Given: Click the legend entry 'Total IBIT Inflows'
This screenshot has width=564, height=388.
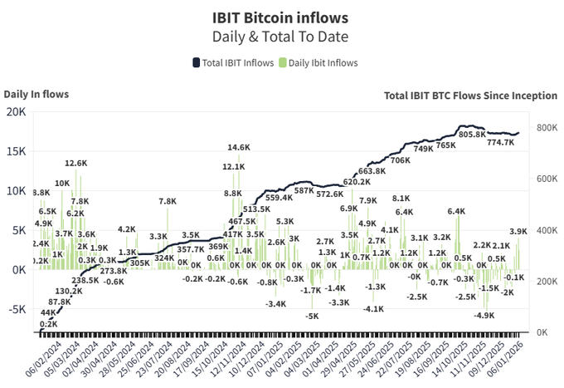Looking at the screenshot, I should (231, 62).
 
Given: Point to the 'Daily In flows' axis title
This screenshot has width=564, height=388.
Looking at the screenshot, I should (36, 95).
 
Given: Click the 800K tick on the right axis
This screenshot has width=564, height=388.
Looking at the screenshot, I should (546, 128).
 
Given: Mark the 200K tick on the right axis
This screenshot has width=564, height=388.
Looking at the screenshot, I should (546, 282).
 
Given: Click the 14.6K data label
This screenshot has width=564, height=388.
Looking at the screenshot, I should (239, 148).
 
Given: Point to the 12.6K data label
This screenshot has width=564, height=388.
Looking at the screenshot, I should (76, 164).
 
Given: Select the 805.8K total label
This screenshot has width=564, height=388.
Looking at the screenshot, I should (472, 135).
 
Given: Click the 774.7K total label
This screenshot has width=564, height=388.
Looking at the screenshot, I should (500, 142).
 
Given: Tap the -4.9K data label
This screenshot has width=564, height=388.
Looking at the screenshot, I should (484, 316).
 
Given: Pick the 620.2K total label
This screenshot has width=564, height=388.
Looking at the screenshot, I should (357, 182).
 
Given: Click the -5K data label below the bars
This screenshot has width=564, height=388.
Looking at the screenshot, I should (311, 316).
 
